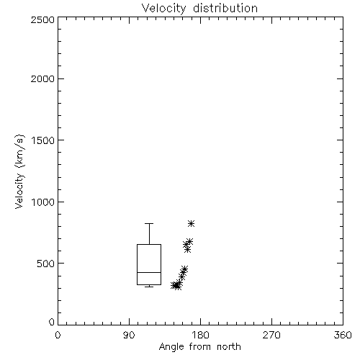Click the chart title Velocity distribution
(199, 8)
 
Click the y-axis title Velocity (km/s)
(19, 171)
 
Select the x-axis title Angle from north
(199, 347)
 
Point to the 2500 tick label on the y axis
(42, 19)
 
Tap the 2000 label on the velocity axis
(42, 78)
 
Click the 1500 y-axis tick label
(43, 140)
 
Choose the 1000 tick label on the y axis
(43, 202)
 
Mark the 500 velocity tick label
(46, 264)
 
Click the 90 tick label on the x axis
(129, 335)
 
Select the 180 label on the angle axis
(200, 335)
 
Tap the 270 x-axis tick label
(271, 335)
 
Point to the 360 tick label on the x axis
(343, 335)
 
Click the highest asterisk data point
(191, 224)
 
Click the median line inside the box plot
(149, 272)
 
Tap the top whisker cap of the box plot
(149, 223)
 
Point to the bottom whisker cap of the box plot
(149, 287)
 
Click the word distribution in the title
(225, 8)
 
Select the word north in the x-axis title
(229, 347)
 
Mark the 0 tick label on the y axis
(52, 322)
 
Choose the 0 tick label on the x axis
(58, 335)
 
